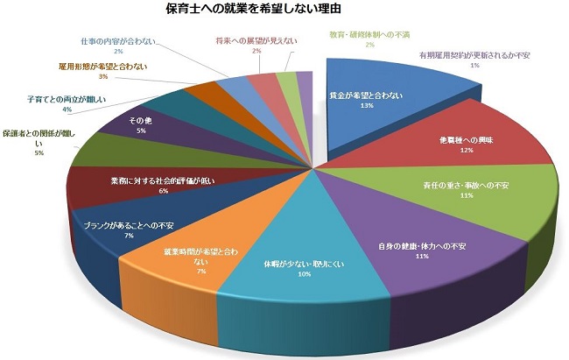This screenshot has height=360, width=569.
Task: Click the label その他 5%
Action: pos(141,124)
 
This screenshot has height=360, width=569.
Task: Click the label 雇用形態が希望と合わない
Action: pos(102,67)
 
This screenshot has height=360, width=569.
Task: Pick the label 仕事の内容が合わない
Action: pos(118,40)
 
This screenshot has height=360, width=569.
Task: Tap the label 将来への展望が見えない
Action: pos(255,40)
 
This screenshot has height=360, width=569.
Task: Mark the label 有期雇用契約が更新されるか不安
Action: pos(473,54)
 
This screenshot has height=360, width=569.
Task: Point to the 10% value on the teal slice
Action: pos(304,273)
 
